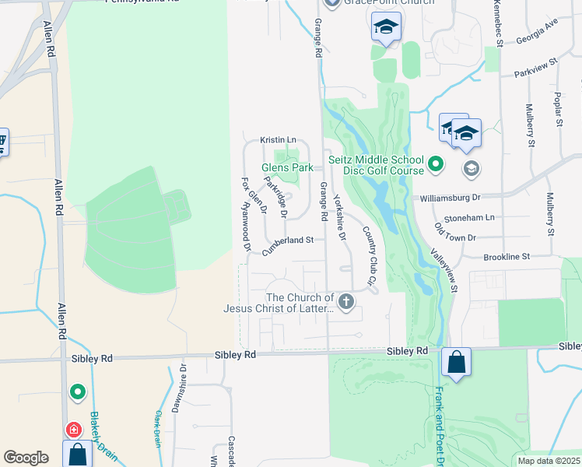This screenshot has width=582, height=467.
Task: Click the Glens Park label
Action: tap(287, 167)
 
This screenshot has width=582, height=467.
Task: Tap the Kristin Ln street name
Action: tap(279, 140)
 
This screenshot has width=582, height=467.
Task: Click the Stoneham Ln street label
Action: tap(469, 218)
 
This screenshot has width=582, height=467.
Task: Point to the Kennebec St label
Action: tap(497, 23)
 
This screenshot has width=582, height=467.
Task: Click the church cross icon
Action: tap(346, 302)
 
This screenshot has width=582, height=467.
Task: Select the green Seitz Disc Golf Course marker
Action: tap(436, 164)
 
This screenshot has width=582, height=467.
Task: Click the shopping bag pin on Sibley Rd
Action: tap(456, 362)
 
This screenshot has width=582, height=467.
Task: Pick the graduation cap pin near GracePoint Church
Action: tap(385, 27)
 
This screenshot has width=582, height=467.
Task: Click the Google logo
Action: tap(26, 457)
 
